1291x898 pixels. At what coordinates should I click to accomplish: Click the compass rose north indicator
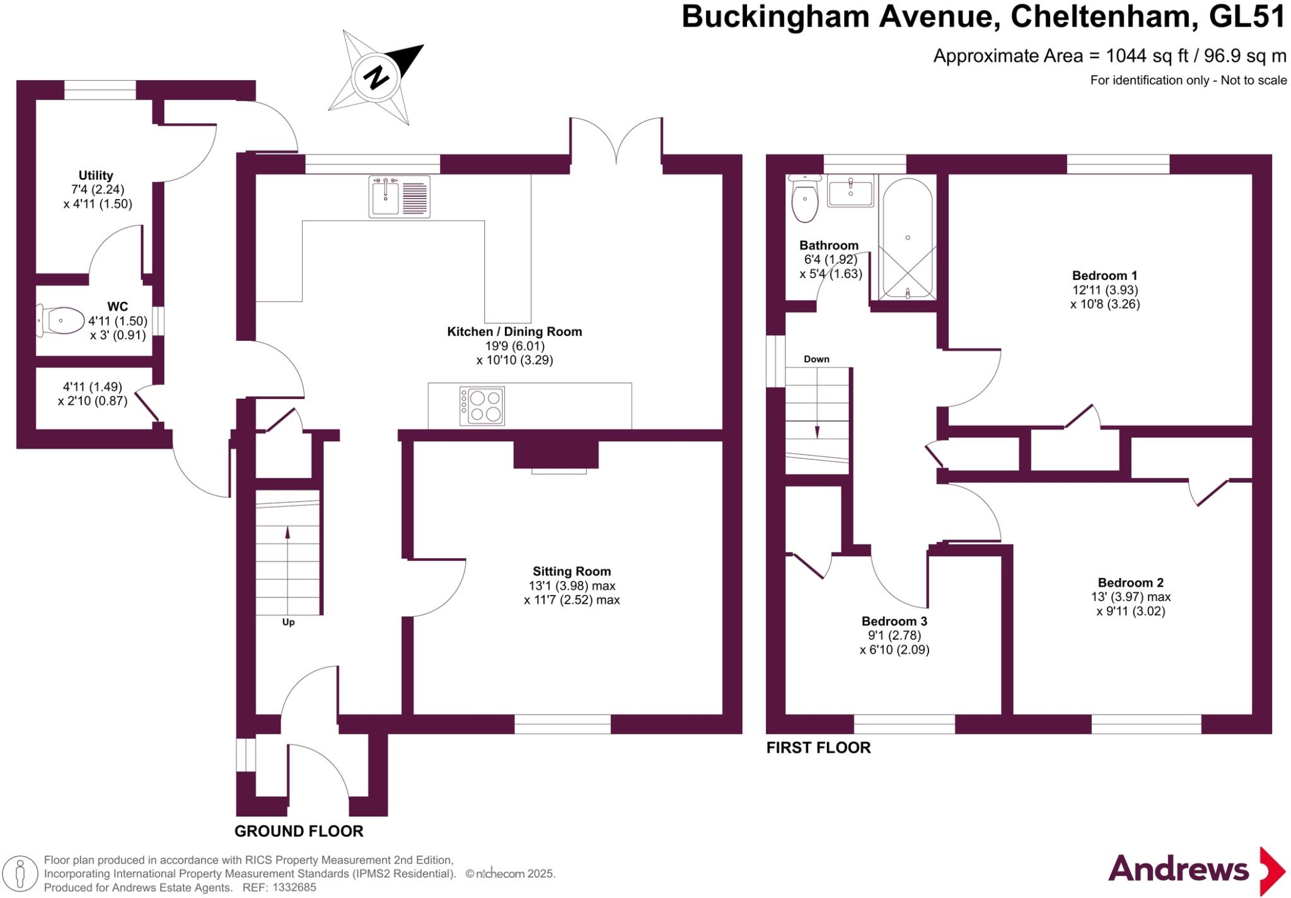376,77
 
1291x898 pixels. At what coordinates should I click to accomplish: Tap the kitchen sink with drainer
399,197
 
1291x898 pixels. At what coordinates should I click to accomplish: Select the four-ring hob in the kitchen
482,406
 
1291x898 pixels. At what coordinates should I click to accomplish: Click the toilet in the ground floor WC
61,320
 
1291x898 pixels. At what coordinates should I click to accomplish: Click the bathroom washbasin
850,191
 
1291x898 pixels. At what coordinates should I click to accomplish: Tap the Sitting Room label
572,572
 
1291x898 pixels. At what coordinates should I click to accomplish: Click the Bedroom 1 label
1104,275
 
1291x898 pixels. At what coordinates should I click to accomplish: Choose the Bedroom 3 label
894,621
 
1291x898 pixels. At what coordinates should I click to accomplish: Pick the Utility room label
96,175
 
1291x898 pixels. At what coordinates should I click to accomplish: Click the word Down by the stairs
816,359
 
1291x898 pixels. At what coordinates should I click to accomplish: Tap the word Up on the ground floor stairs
288,622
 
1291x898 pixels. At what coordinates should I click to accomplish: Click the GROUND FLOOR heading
299,831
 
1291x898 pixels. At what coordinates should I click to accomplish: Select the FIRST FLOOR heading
818,747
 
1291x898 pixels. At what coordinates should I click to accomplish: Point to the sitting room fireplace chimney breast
555,454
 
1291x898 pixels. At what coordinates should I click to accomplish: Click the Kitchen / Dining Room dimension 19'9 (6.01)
514,346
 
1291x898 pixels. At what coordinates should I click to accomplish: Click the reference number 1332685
294,887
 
